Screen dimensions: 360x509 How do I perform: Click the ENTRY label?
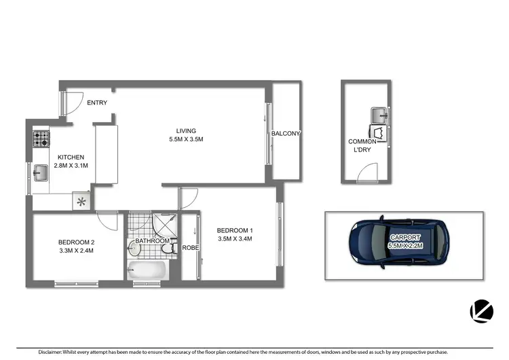(x=97, y=103)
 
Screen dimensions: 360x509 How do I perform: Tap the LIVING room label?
(x=186, y=131)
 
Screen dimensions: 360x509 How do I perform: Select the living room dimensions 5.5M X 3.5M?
(x=186, y=139)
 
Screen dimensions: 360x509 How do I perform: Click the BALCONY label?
(x=286, y=134)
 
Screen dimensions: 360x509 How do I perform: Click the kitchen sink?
(x=40, y=173)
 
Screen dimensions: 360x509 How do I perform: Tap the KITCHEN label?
(x=70, y=156)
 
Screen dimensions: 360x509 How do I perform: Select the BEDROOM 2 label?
(x=75, y=242)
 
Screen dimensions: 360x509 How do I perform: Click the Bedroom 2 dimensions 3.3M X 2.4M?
(x=75, y=251)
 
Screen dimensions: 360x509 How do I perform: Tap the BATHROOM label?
(x=152, y=240)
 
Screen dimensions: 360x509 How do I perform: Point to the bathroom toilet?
(x=170, y=251)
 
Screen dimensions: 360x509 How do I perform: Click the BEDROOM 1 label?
(x=235, y=230)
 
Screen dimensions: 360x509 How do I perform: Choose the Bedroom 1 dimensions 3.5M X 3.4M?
(x=235, y=238)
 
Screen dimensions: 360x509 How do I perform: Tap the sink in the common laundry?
(x=379, y=113)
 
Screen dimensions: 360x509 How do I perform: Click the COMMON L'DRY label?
(x=362, y=145)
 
